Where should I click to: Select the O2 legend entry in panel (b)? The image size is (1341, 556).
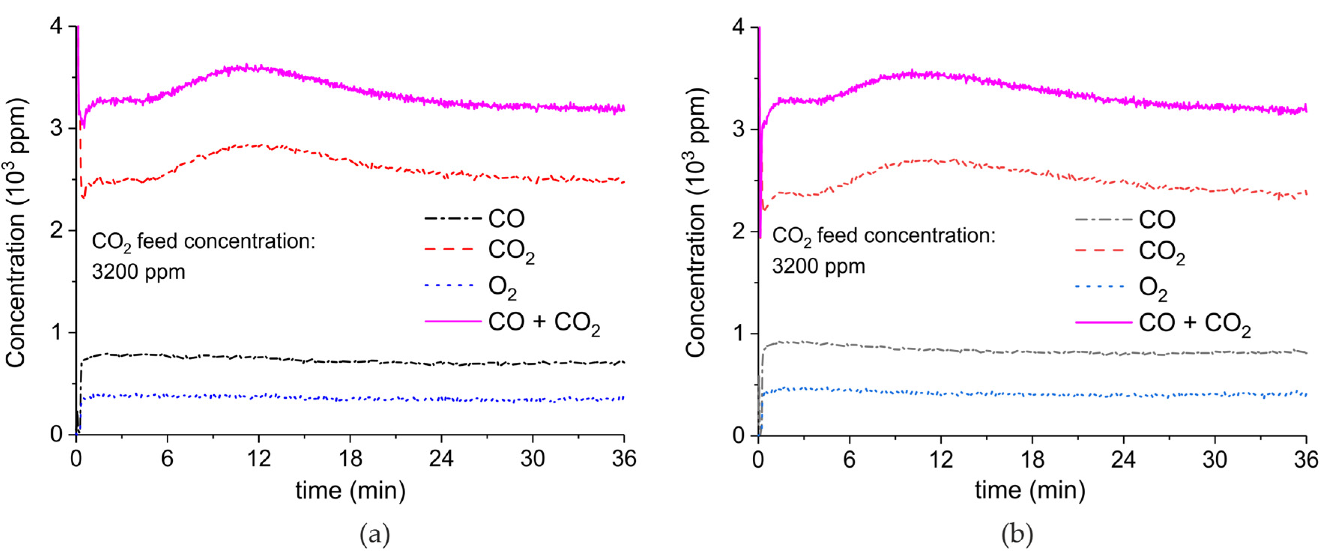coord(1153,288)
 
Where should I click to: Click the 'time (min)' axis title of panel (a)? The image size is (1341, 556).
coord(350,490)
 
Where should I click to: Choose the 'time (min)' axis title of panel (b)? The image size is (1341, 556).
coord(1030,490)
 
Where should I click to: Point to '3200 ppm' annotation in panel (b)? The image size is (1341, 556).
coord(818,266)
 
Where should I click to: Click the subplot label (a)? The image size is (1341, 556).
coord(374,535)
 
